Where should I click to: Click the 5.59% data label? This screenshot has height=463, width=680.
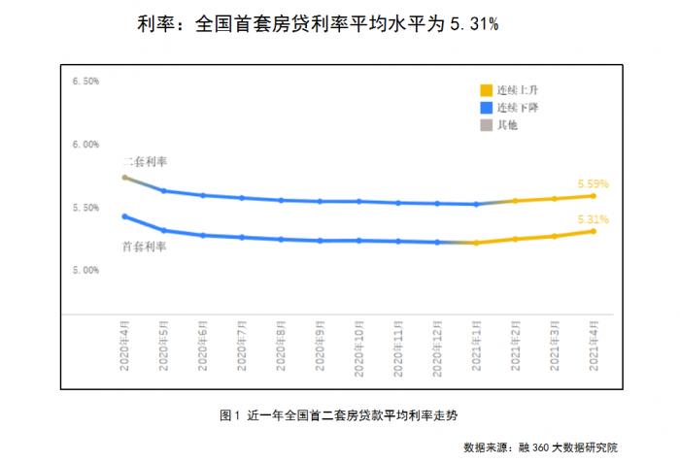click(593, 183)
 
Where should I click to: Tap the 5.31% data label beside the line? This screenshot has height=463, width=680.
click(593, 219)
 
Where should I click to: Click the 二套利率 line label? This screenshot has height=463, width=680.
click(145, 160)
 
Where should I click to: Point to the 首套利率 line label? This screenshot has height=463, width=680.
click(145, 247)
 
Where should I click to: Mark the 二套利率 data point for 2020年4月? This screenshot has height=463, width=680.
click(124, 178)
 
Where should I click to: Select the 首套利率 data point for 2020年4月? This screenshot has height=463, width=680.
click(124, 216)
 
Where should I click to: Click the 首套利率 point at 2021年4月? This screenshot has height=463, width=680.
click(593, 231)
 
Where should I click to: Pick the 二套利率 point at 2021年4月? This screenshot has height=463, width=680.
click(593, 195)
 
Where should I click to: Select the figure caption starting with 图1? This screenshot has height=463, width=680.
click(338, 414)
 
